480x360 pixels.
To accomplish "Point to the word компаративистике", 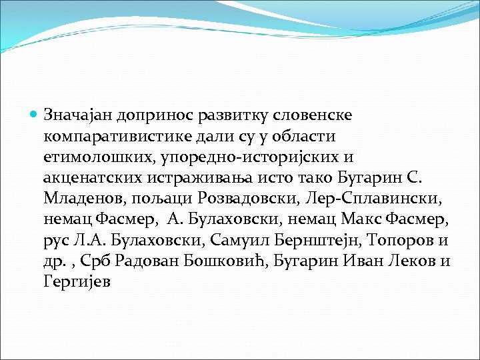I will [120, 136].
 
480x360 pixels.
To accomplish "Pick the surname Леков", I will [402, 263].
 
